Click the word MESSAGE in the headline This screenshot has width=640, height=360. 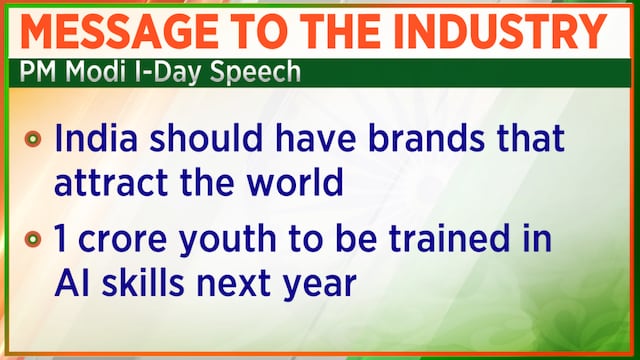click(119, 31)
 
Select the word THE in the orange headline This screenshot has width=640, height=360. click(343, 31)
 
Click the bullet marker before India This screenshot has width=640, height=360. click(33, 139)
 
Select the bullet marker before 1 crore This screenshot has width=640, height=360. click(33, 239)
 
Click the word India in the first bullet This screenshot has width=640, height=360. click(96, 138)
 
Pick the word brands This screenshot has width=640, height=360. click(427, 138)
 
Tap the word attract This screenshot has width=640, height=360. click(111, 182)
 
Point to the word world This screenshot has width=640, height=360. click(295, 182)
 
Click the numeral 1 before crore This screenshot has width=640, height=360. click(60, 238)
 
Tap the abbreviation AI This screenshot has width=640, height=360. click(72, 282)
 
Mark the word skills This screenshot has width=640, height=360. click(143, 282)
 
